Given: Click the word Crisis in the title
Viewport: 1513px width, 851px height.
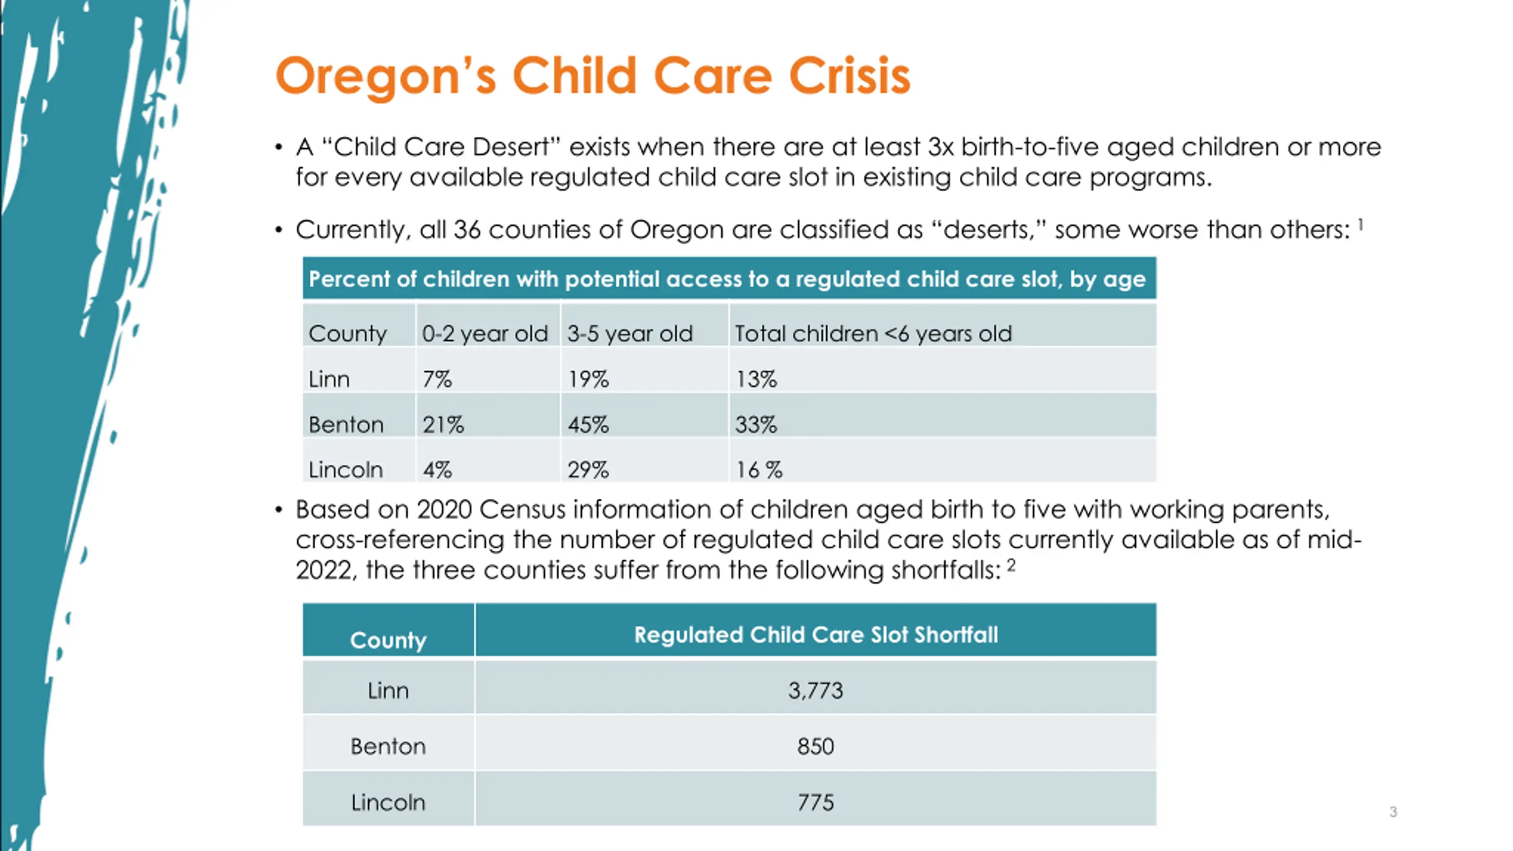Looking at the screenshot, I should [849, 77].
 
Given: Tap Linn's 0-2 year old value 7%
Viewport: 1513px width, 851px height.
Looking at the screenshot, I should [437, 379].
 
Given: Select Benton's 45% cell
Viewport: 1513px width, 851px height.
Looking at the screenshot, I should [588, 424].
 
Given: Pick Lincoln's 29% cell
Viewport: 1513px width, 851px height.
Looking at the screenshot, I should [588, 470].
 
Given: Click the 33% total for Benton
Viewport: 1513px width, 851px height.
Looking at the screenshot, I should [756, 424].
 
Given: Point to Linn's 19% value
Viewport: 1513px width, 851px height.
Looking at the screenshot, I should [588, 379].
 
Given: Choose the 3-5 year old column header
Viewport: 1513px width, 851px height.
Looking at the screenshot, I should [630, 334].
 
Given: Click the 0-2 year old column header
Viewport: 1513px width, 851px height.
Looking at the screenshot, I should [485, 334].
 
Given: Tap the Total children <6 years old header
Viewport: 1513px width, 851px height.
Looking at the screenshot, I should [873, 334].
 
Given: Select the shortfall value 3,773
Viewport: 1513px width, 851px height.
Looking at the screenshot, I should [816, 690].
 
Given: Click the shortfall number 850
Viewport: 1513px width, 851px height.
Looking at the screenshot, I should [816, 746].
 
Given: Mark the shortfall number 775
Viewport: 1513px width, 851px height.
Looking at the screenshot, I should [816, 803].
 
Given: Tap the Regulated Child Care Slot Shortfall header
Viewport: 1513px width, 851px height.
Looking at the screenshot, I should [816, 635].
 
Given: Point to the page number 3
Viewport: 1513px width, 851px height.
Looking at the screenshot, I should [1393, 812].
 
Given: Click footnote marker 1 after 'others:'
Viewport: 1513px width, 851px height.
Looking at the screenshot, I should [1361, 225].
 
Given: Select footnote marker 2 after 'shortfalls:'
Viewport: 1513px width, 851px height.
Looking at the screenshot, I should [1011, 566].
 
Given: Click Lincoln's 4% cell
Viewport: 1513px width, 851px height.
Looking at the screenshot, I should [437, 470].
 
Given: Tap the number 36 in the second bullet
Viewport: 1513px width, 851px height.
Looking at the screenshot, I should [467, 230].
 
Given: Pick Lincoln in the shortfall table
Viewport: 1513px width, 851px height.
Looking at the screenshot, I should [388, 803].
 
